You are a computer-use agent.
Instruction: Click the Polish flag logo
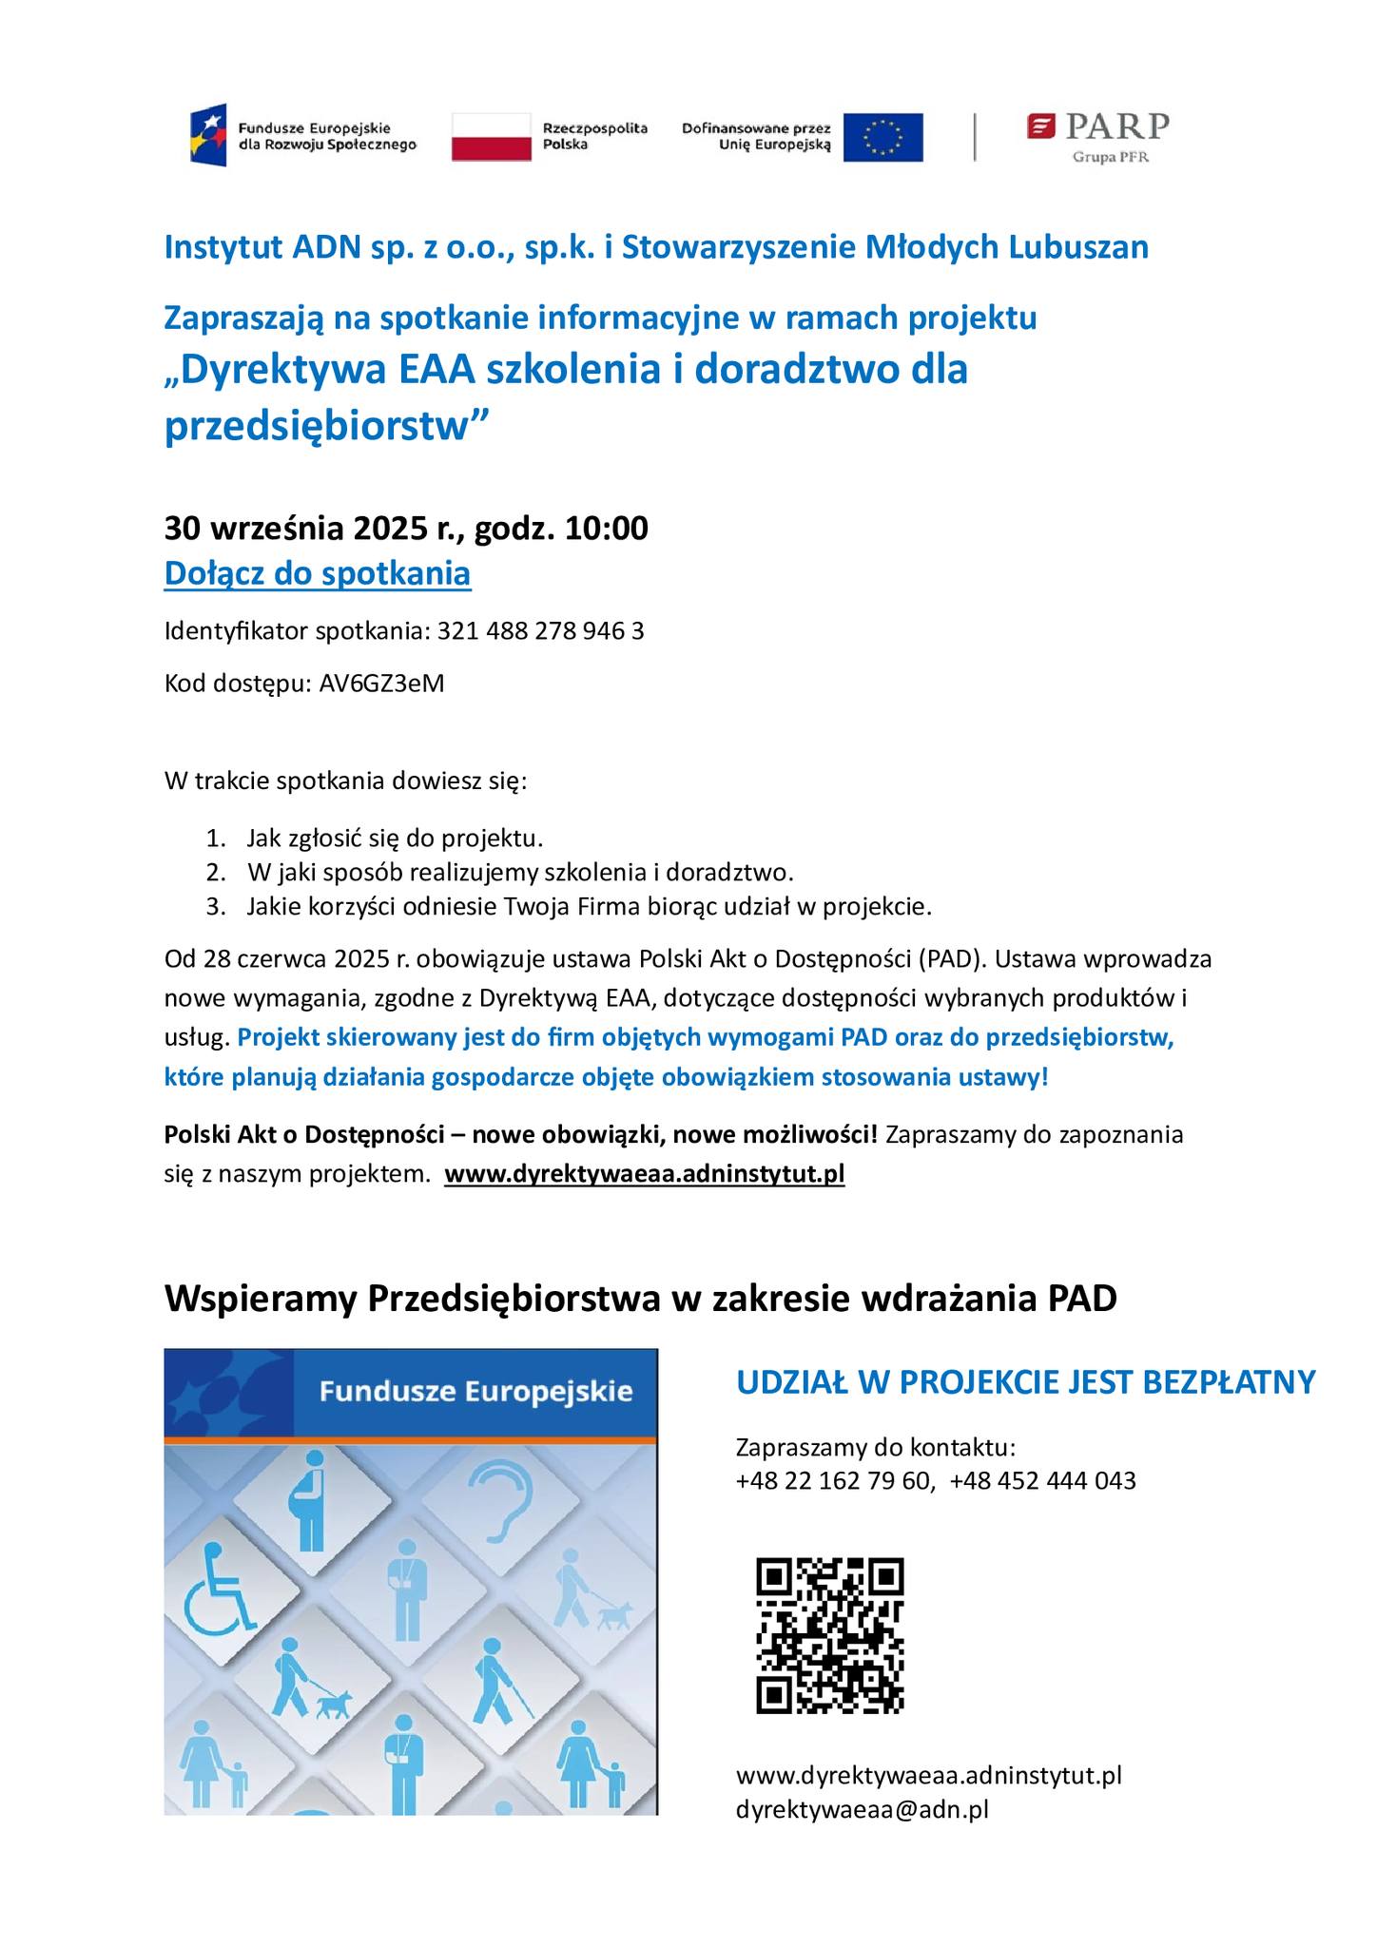[491, 136]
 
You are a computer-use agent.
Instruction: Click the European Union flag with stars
[882, 137]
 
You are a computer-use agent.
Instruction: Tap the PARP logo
[1097, 137]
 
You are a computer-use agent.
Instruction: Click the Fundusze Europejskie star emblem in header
[208, 135]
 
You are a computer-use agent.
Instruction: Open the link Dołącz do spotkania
[318, 574]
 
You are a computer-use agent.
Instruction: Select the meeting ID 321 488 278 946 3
[540, 631]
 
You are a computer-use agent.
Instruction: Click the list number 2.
[216, 872]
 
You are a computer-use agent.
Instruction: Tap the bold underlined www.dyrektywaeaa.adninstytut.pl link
[644, 1173]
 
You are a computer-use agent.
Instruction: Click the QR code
[830, 1635]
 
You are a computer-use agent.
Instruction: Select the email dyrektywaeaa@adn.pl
[863, 1809]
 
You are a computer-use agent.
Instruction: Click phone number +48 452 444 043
[1042, 1480]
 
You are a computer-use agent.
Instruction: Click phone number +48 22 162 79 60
[834, 1480]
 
